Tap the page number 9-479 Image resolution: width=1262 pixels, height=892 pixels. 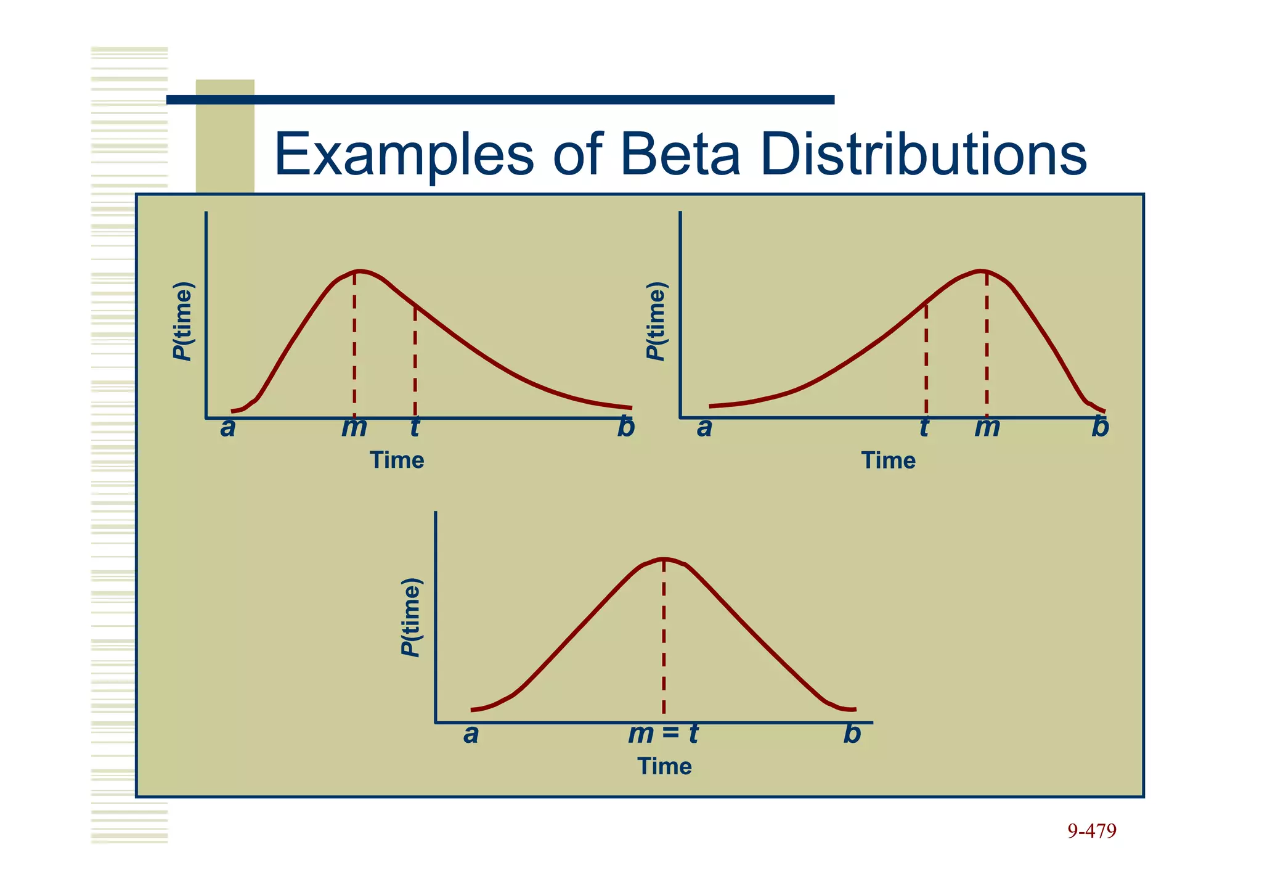pyautogui.click(x=1091, y=832)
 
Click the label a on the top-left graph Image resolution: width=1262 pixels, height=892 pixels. pyautogui.click(x=227, y=428)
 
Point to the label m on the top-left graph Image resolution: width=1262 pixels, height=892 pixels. pyautogui.click(x=354, y=428)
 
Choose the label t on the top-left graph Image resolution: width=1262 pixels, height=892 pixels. pyautogui.click(x=415, y=427)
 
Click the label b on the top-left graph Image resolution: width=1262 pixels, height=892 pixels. pyautogui.click(x=625, y=427)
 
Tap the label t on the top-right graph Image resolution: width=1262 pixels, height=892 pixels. pyautogui.click(x=924, y=427)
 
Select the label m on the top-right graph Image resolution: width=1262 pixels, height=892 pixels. pyautogui.click(x=987, y=428)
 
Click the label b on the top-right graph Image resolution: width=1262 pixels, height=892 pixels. pyautogui.click(x=1100, y=427)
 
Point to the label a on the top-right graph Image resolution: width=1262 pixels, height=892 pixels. pyautogui.click(x=704, y=428)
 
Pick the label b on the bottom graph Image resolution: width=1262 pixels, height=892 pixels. pyautogui.click(x=852, y=734)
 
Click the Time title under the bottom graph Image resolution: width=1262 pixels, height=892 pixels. pyautogui.click(x=664, y=766)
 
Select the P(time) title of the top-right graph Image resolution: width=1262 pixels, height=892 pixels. pyautogui.click(x=657, y=321)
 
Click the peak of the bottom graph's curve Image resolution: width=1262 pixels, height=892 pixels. pyautogui.click(x=664, y=559)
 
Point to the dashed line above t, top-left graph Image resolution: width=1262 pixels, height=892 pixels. pyautogui.click(x=415, y=361)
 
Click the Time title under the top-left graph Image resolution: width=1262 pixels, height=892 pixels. pyautogui.click(x=397, y=460)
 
